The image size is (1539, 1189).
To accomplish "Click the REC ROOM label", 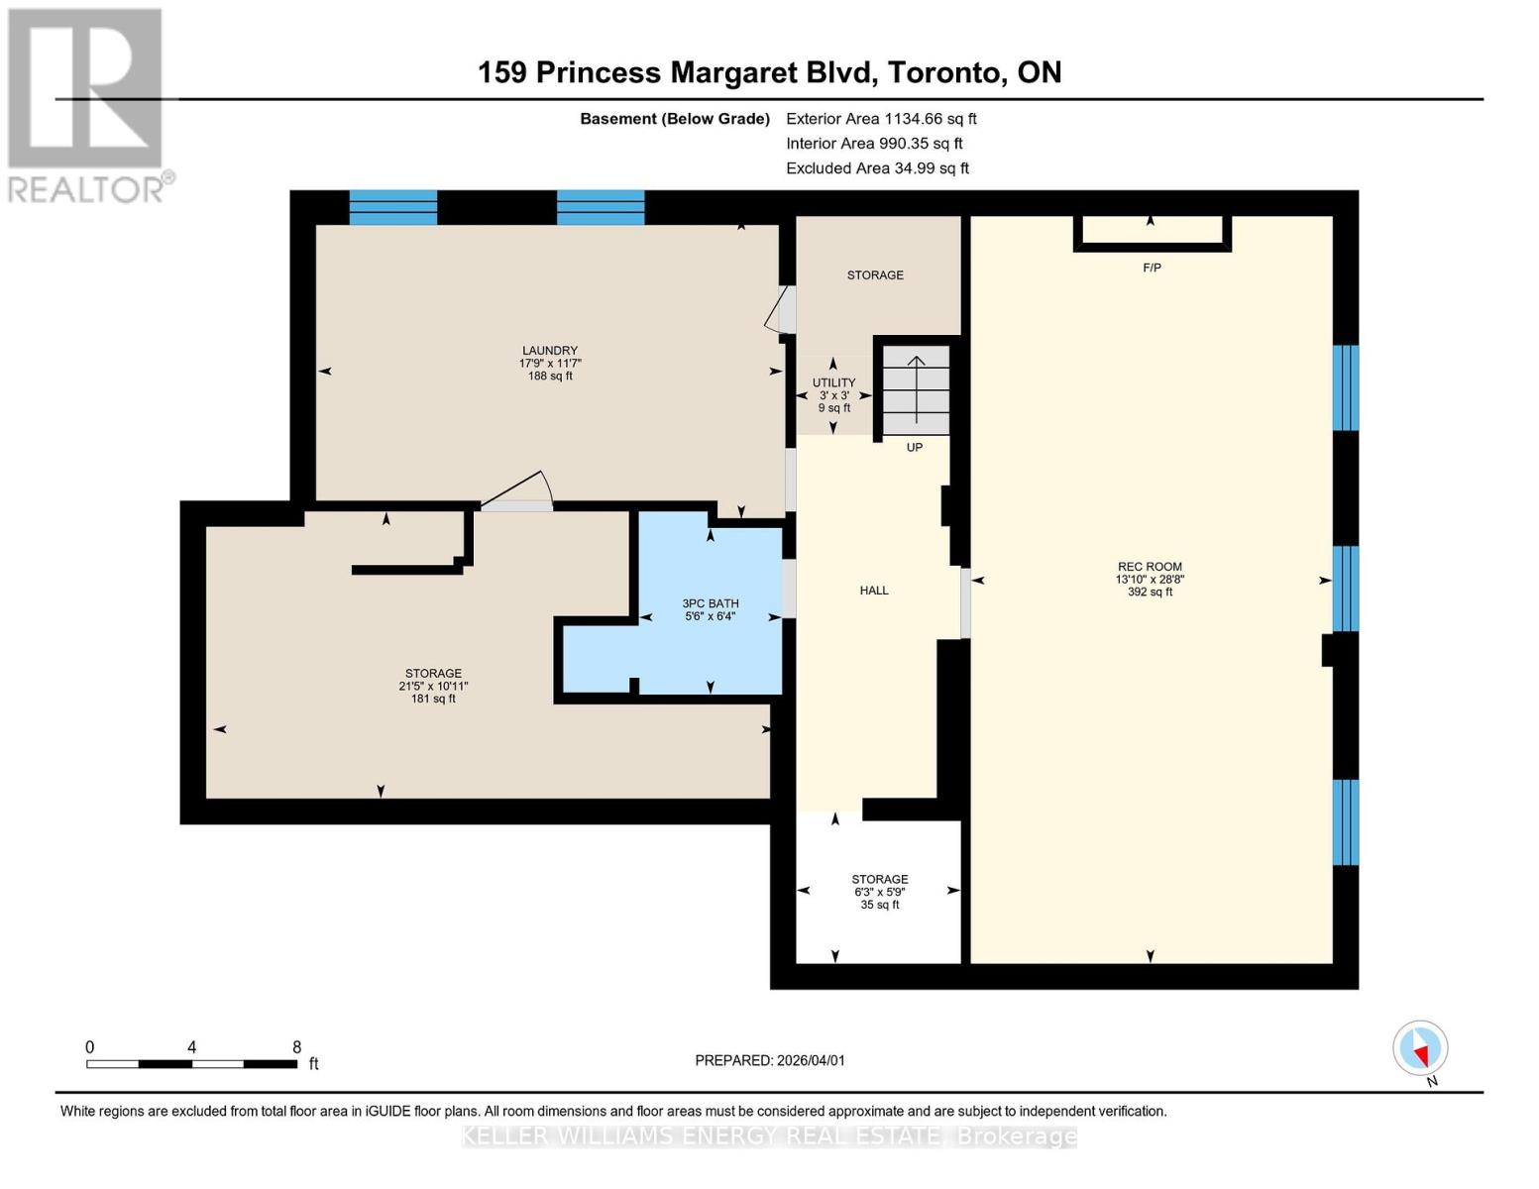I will pyautogui.click(x=1150, y=567).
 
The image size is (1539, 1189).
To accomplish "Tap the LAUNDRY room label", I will pyautogui.click(x=550, y=351).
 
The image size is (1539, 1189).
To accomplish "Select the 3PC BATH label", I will pyautogui.click(x=711, y=603).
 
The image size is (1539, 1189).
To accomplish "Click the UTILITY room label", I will pyautogui.click(x=833, y=382).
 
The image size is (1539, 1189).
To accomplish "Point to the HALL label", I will pyautogui.click(x=874, y=591).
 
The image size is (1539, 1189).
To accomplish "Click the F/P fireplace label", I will pyautogui.click(x=1152, y=268).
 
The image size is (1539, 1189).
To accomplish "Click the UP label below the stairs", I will pyautogui.click(x=915, y=448).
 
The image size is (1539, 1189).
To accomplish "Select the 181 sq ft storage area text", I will pyautogui.click(x=433, y=699).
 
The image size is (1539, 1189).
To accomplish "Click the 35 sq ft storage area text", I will pyautogui.click(x=880, y=905).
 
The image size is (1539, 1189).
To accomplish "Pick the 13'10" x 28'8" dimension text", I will pyautogui.click(x=1150, y=580).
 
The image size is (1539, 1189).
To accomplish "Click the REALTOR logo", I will pyautogui.click(x=87, y=104).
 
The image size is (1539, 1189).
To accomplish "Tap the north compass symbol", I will pyautogui.click(x=1420, y=1048).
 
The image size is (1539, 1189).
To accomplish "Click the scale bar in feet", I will pyautogui.click(x=191, y=1063).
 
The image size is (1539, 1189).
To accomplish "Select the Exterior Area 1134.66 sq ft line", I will pyautogui.click(x=881, y=119).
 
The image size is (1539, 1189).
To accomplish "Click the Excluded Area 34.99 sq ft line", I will pyautogui.click(x=877, y=168).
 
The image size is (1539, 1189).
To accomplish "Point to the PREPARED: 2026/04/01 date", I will pyautogui.click(x=770, y=1060).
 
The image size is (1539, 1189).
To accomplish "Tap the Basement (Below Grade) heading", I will pyautogui.click(x=675, y=119).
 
